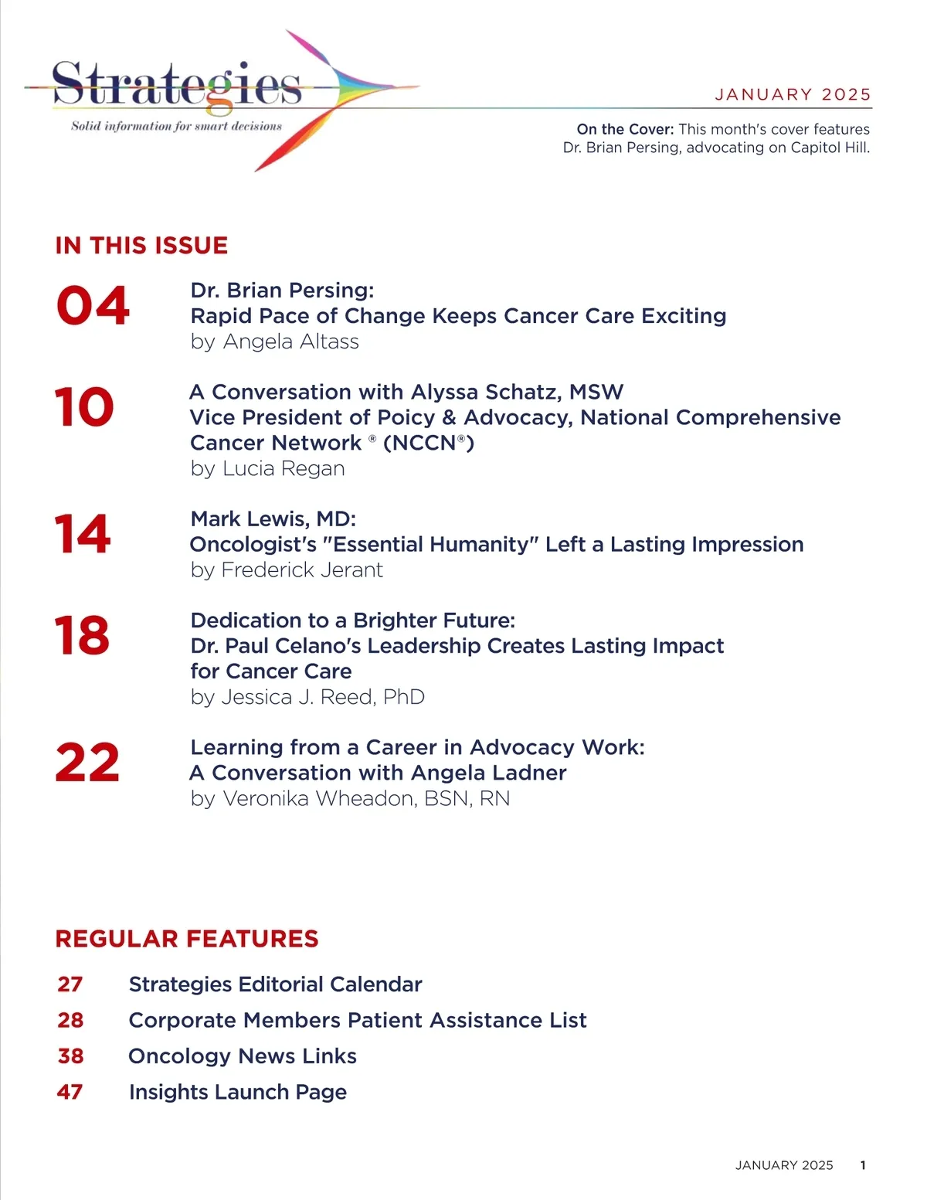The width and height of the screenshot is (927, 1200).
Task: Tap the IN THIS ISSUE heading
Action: (141, 246)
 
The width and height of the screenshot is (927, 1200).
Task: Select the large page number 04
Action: (93, 306)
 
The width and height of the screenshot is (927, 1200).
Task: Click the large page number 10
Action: (84, 407)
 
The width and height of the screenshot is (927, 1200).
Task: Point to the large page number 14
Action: (83, 534)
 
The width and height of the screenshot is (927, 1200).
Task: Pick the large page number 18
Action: (82, 636)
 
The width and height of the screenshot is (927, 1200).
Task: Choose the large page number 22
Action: (87, 763)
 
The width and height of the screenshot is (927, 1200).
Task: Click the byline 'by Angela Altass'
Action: (274, 342)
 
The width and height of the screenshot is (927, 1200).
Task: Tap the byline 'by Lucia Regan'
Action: (267, 468)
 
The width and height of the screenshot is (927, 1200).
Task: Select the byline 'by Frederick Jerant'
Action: (287, 570)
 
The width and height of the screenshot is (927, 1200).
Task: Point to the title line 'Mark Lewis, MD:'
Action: (273, 519)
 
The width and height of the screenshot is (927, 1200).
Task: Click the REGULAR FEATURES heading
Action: (187, 939)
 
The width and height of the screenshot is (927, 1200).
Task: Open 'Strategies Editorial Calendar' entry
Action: (275, 984)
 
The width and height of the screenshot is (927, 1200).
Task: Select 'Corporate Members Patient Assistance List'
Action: (358, 1020)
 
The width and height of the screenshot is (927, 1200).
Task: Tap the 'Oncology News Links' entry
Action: (243, 1056)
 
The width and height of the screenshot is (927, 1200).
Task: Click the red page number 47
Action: (70, 1092)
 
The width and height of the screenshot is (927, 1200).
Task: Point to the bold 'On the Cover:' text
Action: (625, 129)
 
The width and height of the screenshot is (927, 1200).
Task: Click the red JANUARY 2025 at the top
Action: (793, 94)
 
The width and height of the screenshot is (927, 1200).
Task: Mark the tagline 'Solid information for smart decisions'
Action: (177, 126)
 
